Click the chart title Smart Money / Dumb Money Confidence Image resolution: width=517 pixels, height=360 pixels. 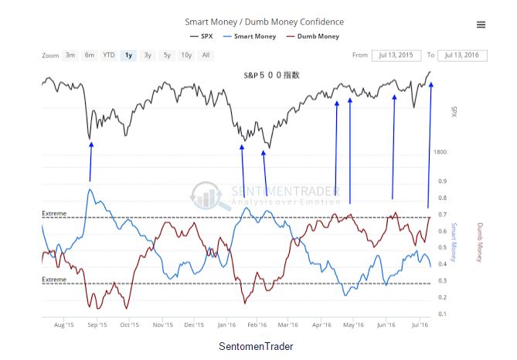(264, 22)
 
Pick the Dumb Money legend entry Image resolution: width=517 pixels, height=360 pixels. (313, 36)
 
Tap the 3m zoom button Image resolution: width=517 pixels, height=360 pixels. (70, 55)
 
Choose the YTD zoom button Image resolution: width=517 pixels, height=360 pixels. (109, 55)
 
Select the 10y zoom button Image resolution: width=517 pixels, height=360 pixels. (187, 55)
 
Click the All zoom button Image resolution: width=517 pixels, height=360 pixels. (206, 55)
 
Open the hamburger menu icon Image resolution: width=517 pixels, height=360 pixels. (481, 25)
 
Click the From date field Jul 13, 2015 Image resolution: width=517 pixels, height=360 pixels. (396, 55)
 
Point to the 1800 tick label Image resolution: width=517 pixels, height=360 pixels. (440, 152)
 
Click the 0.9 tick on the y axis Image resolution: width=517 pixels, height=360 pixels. (442, 182)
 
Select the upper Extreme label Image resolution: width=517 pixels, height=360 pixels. (54, 213)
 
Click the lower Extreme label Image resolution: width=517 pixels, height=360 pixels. (54, 279)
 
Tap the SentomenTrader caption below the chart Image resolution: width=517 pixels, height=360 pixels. (256, 346)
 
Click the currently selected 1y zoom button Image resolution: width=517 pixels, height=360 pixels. (129, 55)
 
